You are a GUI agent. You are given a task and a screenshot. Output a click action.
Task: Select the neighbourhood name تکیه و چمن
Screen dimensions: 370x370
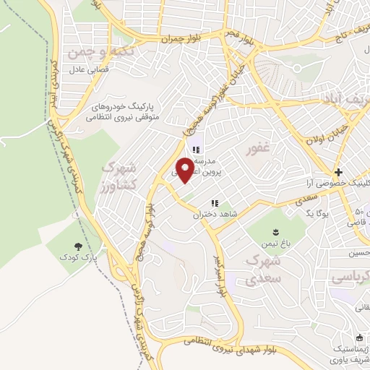(x=93, y=53)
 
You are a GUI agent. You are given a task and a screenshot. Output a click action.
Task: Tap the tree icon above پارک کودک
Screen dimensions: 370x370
(x=79, y=246)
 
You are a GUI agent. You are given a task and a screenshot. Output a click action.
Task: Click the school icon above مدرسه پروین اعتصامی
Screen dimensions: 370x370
(x=195, y=150)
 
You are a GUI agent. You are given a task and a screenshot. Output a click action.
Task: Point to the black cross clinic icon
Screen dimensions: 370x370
(x=337, y=172)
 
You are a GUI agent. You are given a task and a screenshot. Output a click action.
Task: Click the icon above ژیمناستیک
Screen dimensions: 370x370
(x=359, y=337)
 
